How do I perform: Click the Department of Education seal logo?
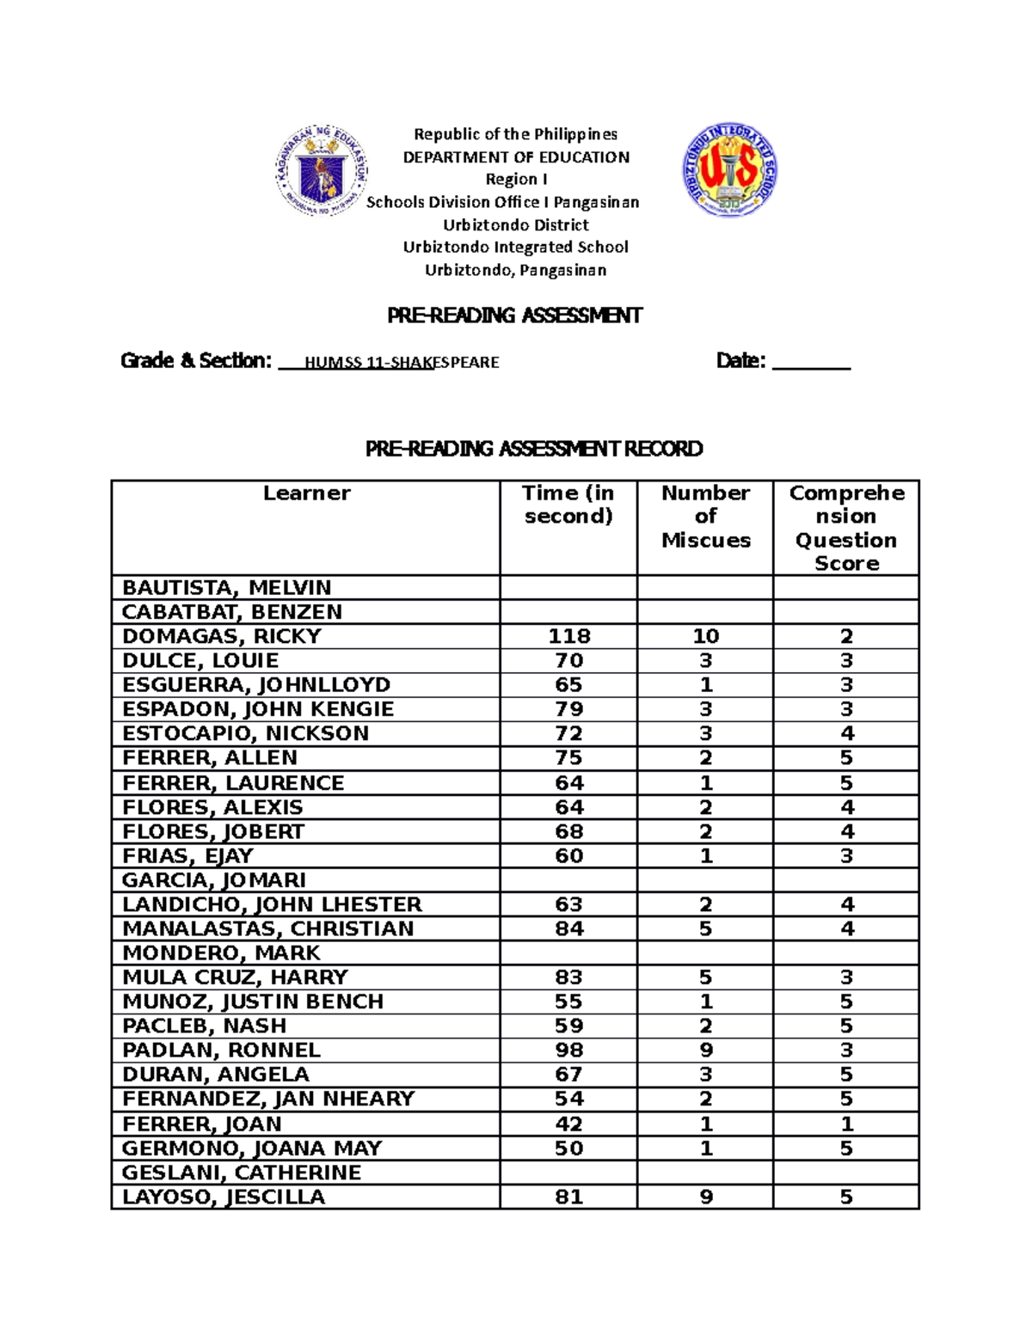pos(322,170)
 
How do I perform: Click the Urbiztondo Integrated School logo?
pos(730,168)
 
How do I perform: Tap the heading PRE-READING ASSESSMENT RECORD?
pos(533,449)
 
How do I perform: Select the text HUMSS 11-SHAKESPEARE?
pos(402,362)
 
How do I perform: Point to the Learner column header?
pos(306,493)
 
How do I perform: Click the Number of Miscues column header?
pos(705,516)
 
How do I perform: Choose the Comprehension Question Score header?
pos(846,528)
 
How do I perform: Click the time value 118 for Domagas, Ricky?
pos(568,636)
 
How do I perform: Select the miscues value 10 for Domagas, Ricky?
pos(705,636)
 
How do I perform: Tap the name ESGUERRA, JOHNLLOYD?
pos(256,685)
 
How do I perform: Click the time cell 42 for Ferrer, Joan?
pos(568,1124)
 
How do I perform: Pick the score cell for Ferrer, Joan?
pos(846,1124)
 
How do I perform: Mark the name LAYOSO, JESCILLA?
pos(224,1197)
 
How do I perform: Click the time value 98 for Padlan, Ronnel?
pos(568,1050)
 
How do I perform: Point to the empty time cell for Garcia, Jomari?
pos(568,880)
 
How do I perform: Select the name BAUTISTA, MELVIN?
pos(226,588)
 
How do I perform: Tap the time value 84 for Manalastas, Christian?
pos(568,928)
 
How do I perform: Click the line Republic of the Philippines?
pos(515,134)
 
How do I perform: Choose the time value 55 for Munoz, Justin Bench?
pos(568,1001)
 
